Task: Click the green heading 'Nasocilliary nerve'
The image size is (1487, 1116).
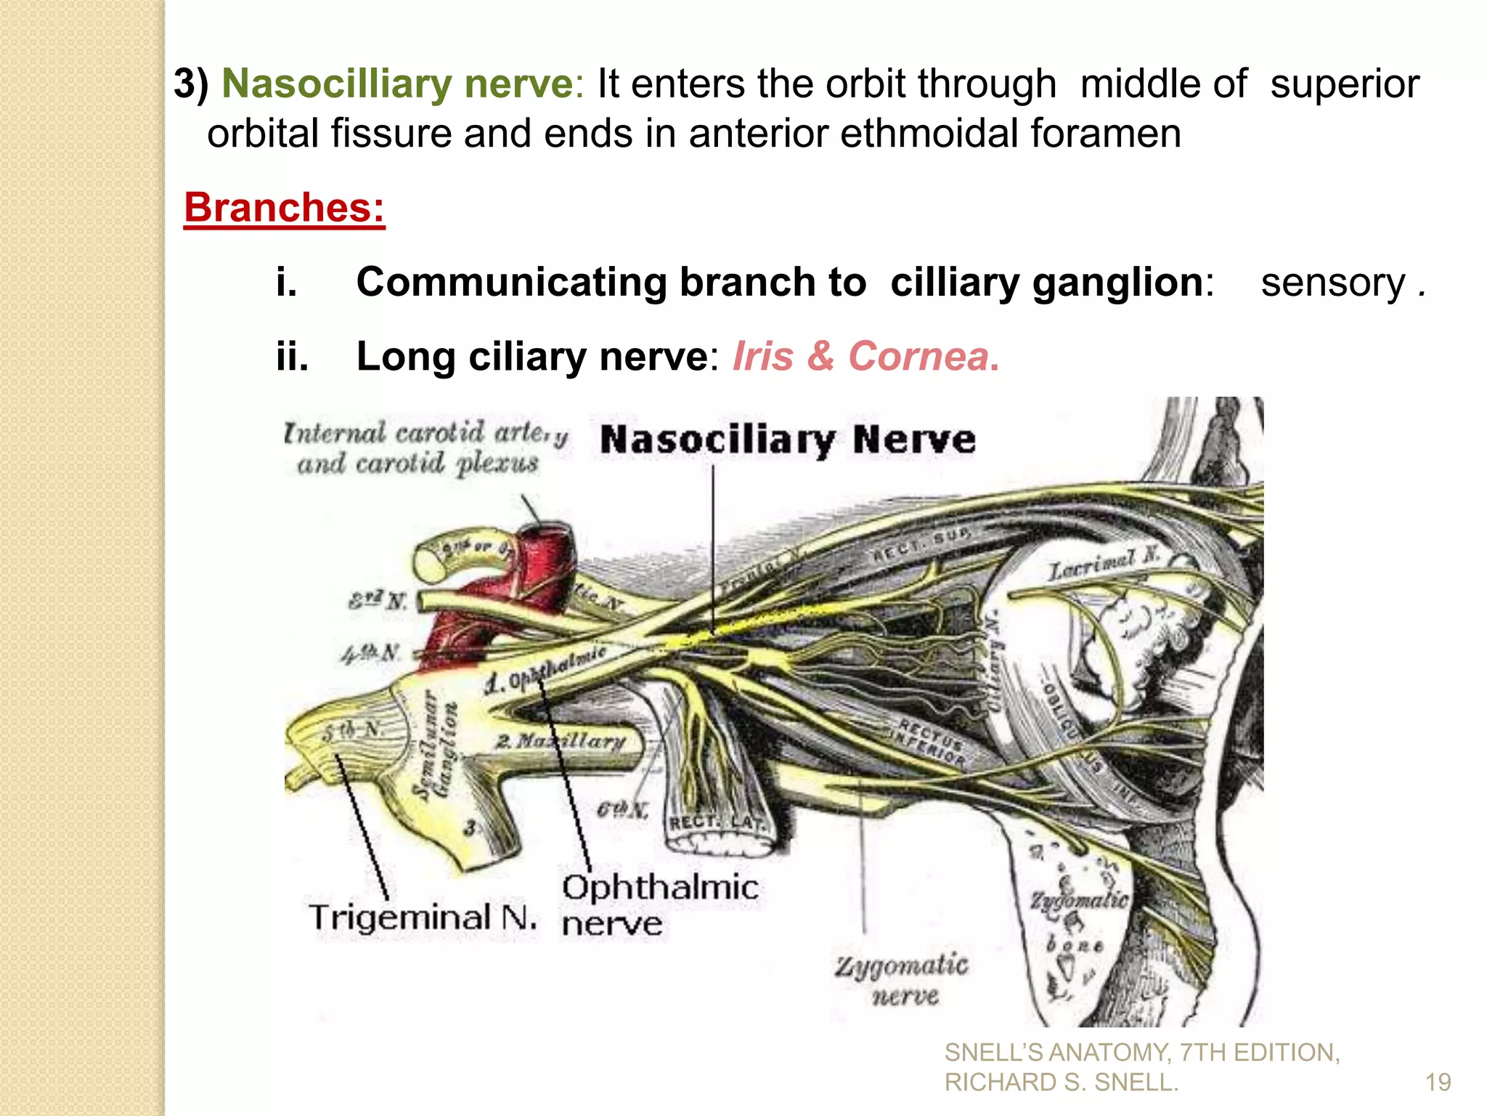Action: pyautogui.click(x=397, y=83)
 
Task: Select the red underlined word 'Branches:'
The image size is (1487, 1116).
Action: pyautogui.click(x=284, y=208)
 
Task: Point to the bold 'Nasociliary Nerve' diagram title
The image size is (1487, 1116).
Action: pyautogui.click(x=788, y=440)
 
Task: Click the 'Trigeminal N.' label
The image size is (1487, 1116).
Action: pyautogui.click(x=423, y=918)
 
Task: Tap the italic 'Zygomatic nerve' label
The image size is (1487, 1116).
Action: pyautogui.click(x=901, y=980)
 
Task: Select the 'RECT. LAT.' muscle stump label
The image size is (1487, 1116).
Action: pyautogui.click(x=715, y=822)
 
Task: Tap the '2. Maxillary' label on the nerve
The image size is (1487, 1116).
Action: pyautogui.click(x=561, y=741)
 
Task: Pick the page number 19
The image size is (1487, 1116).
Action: pyautogui.click(x=1438, y=1083)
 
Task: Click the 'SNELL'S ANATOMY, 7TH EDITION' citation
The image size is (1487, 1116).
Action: pyautogui.click(x=1141, y=1052)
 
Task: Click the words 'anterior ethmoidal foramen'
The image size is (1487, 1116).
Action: pyautogui.click(x=934, y=134)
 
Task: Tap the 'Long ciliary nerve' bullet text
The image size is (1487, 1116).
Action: pyautogui.click(x=531, y=356)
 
